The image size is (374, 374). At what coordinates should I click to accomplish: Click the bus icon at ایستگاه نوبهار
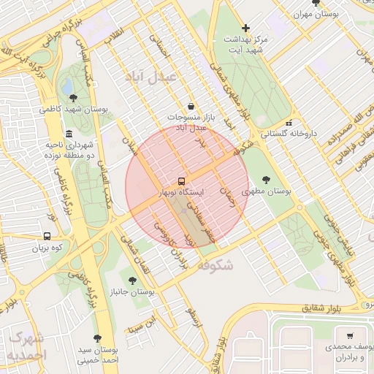tap(181, 180)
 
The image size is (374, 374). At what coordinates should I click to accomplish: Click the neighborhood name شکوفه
tap(215, 266)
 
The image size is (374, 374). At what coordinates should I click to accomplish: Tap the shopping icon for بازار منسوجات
tap(191, 106)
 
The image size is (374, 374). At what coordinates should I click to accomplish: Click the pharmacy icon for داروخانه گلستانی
tap(289, 123)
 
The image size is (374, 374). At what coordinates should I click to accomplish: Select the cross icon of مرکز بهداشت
tap(246, 28)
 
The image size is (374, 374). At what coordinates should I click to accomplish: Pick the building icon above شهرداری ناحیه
tap(69, 134)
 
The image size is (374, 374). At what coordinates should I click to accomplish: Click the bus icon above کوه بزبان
tap(47, 236)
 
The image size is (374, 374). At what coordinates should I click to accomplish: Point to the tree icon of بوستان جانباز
tap(132, 280)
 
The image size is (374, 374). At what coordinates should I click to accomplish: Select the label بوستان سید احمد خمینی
tap(96, 354)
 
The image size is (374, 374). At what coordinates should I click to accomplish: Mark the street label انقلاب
tap(116, 34)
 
